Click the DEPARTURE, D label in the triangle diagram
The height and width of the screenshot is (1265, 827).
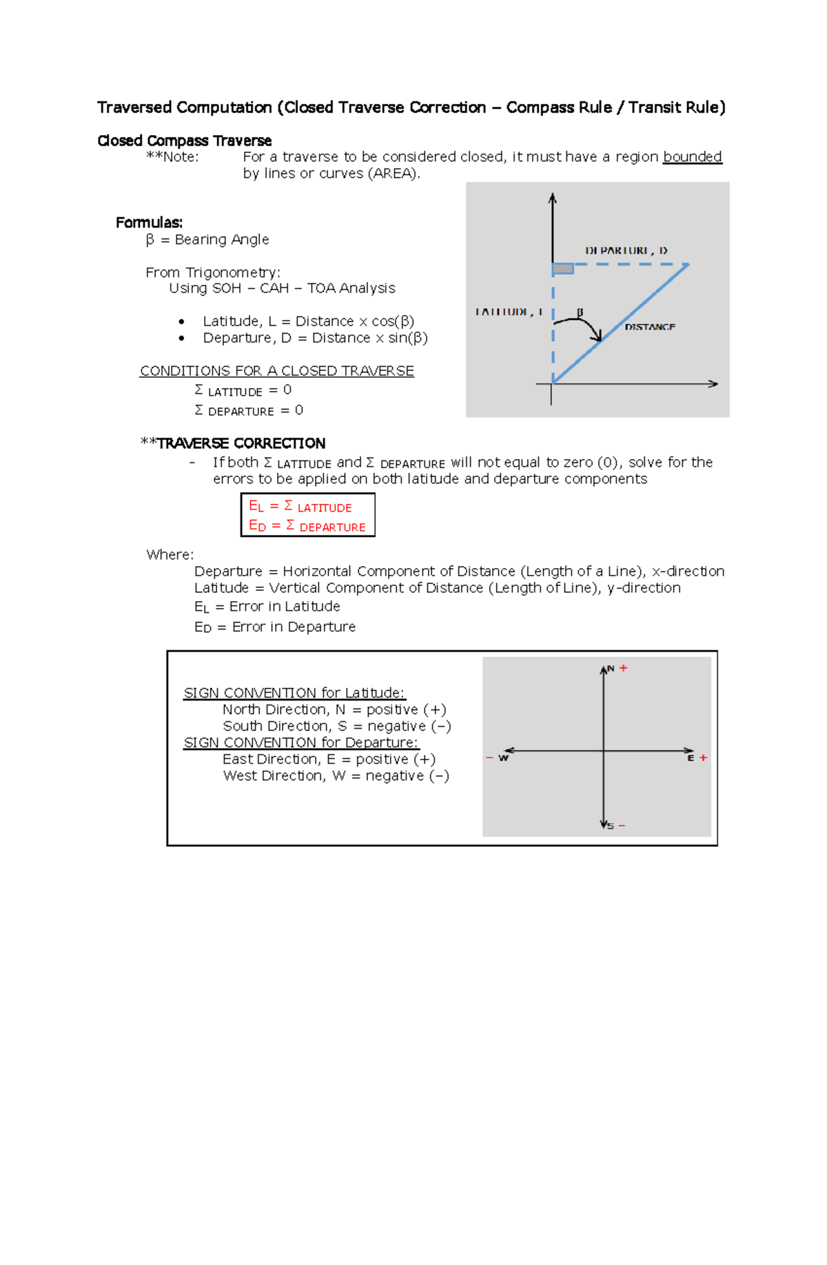click(626, 250)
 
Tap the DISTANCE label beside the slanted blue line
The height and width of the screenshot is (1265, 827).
click(649, 327)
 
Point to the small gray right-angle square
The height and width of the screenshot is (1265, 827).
click(563, 268)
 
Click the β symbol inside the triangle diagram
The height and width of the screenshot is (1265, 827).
click(580, 312)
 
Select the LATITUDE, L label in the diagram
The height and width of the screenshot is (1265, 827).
click(509, 312)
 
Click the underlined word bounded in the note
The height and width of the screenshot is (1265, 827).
click(692, 156)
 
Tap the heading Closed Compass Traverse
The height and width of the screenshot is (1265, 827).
click(184, 141)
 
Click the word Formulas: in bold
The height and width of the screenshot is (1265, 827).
click(149, 223)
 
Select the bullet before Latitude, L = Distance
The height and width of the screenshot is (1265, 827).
click(181, 322)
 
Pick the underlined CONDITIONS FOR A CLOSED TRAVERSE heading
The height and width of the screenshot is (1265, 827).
click(277, 371)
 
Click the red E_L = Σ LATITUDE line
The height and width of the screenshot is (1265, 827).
click(300, 507)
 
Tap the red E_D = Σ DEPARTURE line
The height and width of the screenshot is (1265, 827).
click(307, 526)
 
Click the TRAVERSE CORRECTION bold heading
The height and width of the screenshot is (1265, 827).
click(241, 443)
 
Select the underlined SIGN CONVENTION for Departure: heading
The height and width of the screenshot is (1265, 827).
click(300, 742)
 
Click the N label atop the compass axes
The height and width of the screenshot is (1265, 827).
click(611, 669)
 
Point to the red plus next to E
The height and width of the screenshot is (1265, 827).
click(703, 758)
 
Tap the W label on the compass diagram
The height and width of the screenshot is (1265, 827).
click(503, 758)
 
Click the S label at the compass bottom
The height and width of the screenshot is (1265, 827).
click(611, 826)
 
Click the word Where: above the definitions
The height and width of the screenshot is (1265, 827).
click(170, 555)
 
